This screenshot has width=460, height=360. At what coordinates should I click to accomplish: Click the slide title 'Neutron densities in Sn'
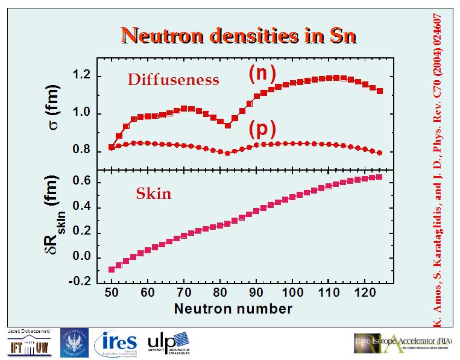pos(239,36)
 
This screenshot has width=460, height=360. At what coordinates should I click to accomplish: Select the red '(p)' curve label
pos(262,130)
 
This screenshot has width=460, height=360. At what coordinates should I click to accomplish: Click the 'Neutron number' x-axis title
pos(233,309)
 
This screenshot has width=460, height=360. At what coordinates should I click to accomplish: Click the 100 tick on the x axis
pos(291,294)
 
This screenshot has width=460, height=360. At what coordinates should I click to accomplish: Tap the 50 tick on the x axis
pos(111,294)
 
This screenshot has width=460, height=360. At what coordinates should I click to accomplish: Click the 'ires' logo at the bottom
pos(116,343)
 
